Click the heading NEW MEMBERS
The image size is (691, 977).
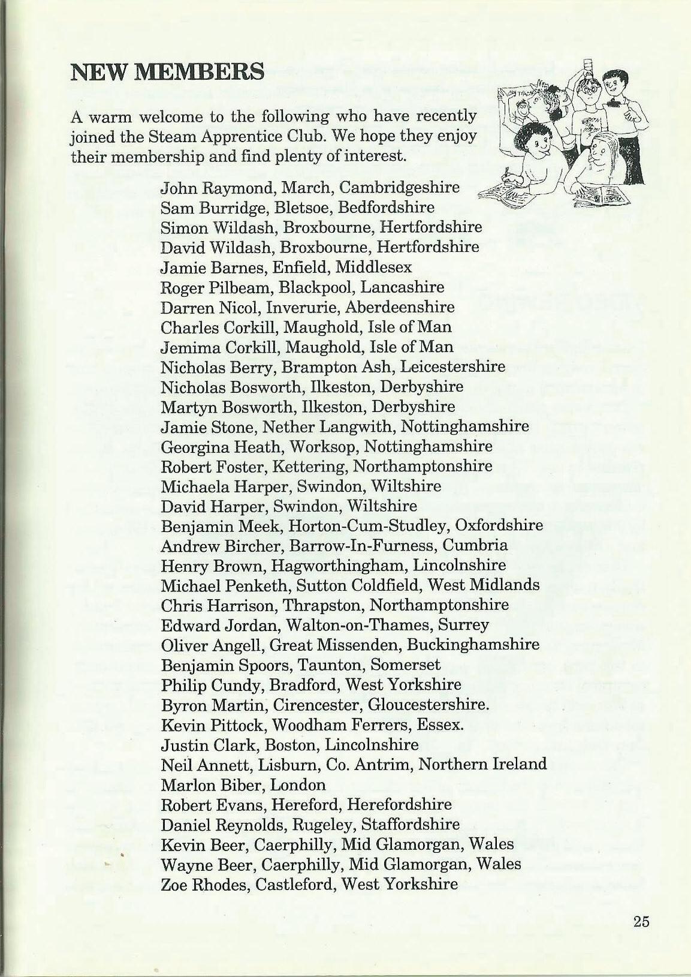point(167,71)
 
